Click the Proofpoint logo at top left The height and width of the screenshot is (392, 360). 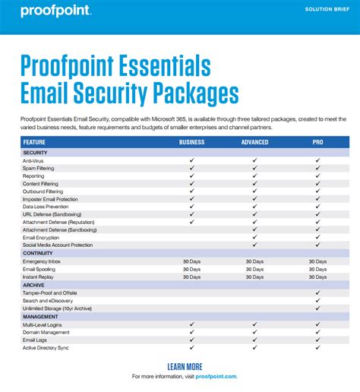(56, 11)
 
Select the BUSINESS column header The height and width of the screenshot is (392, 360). (192, 142)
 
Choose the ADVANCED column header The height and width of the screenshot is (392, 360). (254, 142)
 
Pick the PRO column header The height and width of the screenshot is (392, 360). (317, 142)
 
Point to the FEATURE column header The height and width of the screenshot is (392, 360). (34, 142)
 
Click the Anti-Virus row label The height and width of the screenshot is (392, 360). (33, 161)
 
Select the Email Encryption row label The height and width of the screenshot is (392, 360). (41, 237)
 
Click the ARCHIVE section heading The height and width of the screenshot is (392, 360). (33, 285)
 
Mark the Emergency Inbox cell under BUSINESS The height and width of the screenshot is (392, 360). (192, 261)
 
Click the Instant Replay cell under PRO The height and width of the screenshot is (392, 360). (317, 277)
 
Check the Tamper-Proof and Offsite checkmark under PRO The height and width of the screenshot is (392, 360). (317, 292)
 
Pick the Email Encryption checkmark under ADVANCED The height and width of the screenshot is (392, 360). (254, 237)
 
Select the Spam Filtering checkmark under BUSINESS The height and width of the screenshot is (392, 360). (192, 169)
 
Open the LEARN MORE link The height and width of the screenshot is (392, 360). (185, 366)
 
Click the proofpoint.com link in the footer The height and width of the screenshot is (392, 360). (216, 376)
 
